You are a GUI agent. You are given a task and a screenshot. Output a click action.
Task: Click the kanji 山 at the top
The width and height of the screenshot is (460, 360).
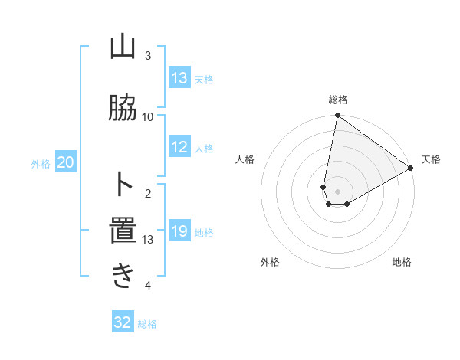pyautogui.click(x=123, y=47)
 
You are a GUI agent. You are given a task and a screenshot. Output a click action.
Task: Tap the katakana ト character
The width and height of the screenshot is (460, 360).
pyautogui.click(x=123, y=185)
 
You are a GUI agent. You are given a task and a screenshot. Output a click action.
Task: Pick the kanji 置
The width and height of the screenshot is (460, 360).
pyautogui.click(x=123, y=231)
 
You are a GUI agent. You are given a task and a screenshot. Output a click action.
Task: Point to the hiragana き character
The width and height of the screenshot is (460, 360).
pyautogui.click(x=123, y=277)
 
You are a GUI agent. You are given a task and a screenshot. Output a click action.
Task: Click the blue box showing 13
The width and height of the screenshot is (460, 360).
pyautogui.click(x=179, y=78)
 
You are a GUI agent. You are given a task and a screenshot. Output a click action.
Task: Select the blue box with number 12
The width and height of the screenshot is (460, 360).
pyautogui.click(x=179, y=147)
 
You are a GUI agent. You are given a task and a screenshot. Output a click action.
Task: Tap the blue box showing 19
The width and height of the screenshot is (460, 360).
pyautogui.click(x=179, y=231)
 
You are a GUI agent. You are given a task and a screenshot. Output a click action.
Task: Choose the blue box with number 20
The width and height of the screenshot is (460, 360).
pyautogui.click(x=66, y=162)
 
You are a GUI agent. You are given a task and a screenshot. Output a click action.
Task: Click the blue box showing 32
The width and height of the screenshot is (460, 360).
pyautogui.click(x=123, y=322)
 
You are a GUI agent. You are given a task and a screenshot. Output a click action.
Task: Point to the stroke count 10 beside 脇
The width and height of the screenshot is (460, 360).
pyautogui.click(x=148, y=116)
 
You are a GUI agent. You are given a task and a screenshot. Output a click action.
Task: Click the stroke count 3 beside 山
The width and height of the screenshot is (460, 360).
pyautogui.click(x=148, y=56)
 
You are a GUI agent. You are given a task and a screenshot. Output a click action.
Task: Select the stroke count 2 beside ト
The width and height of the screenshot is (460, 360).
pyautogui.click(x=148, y=193)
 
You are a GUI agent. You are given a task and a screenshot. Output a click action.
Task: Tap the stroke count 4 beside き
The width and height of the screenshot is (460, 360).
pyautogui.click(x=148, y=286)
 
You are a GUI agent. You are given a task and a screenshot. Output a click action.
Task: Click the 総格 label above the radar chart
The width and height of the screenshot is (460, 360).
pyautogui.click(x=338, y=100)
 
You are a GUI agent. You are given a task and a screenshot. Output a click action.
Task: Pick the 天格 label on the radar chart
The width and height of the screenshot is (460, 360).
pyautogui.click(x=431, y=159)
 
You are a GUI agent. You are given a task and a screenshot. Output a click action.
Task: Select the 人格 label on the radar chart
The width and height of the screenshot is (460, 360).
pyautogui.click(x=245, y=159)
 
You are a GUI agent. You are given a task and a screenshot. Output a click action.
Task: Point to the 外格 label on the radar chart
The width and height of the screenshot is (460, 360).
pyautogui.click(x=270, y=262)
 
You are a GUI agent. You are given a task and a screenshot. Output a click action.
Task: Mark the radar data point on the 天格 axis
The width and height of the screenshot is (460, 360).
pyautogui.click(x=411, y=169)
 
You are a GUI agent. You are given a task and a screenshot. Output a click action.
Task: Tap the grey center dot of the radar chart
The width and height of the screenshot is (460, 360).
pyautogui.click(x=338, y=191)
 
